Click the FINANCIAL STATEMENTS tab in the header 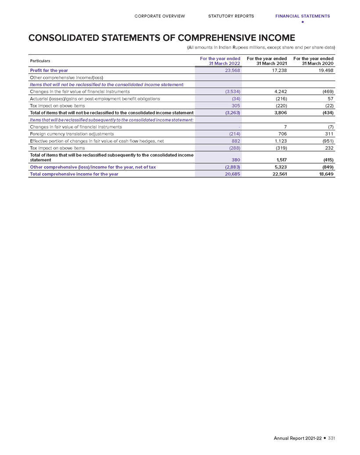point(302,16)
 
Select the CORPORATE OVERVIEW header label point(159,16)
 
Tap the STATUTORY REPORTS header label point(231,16)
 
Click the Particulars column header point(40,61)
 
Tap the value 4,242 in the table point(280,91)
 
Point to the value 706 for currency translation point(282,133)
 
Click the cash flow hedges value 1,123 point(280,140)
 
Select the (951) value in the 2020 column point(327,140)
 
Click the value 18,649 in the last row point(325,174)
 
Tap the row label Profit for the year point(49,70)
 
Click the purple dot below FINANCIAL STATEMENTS point(302,22)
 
